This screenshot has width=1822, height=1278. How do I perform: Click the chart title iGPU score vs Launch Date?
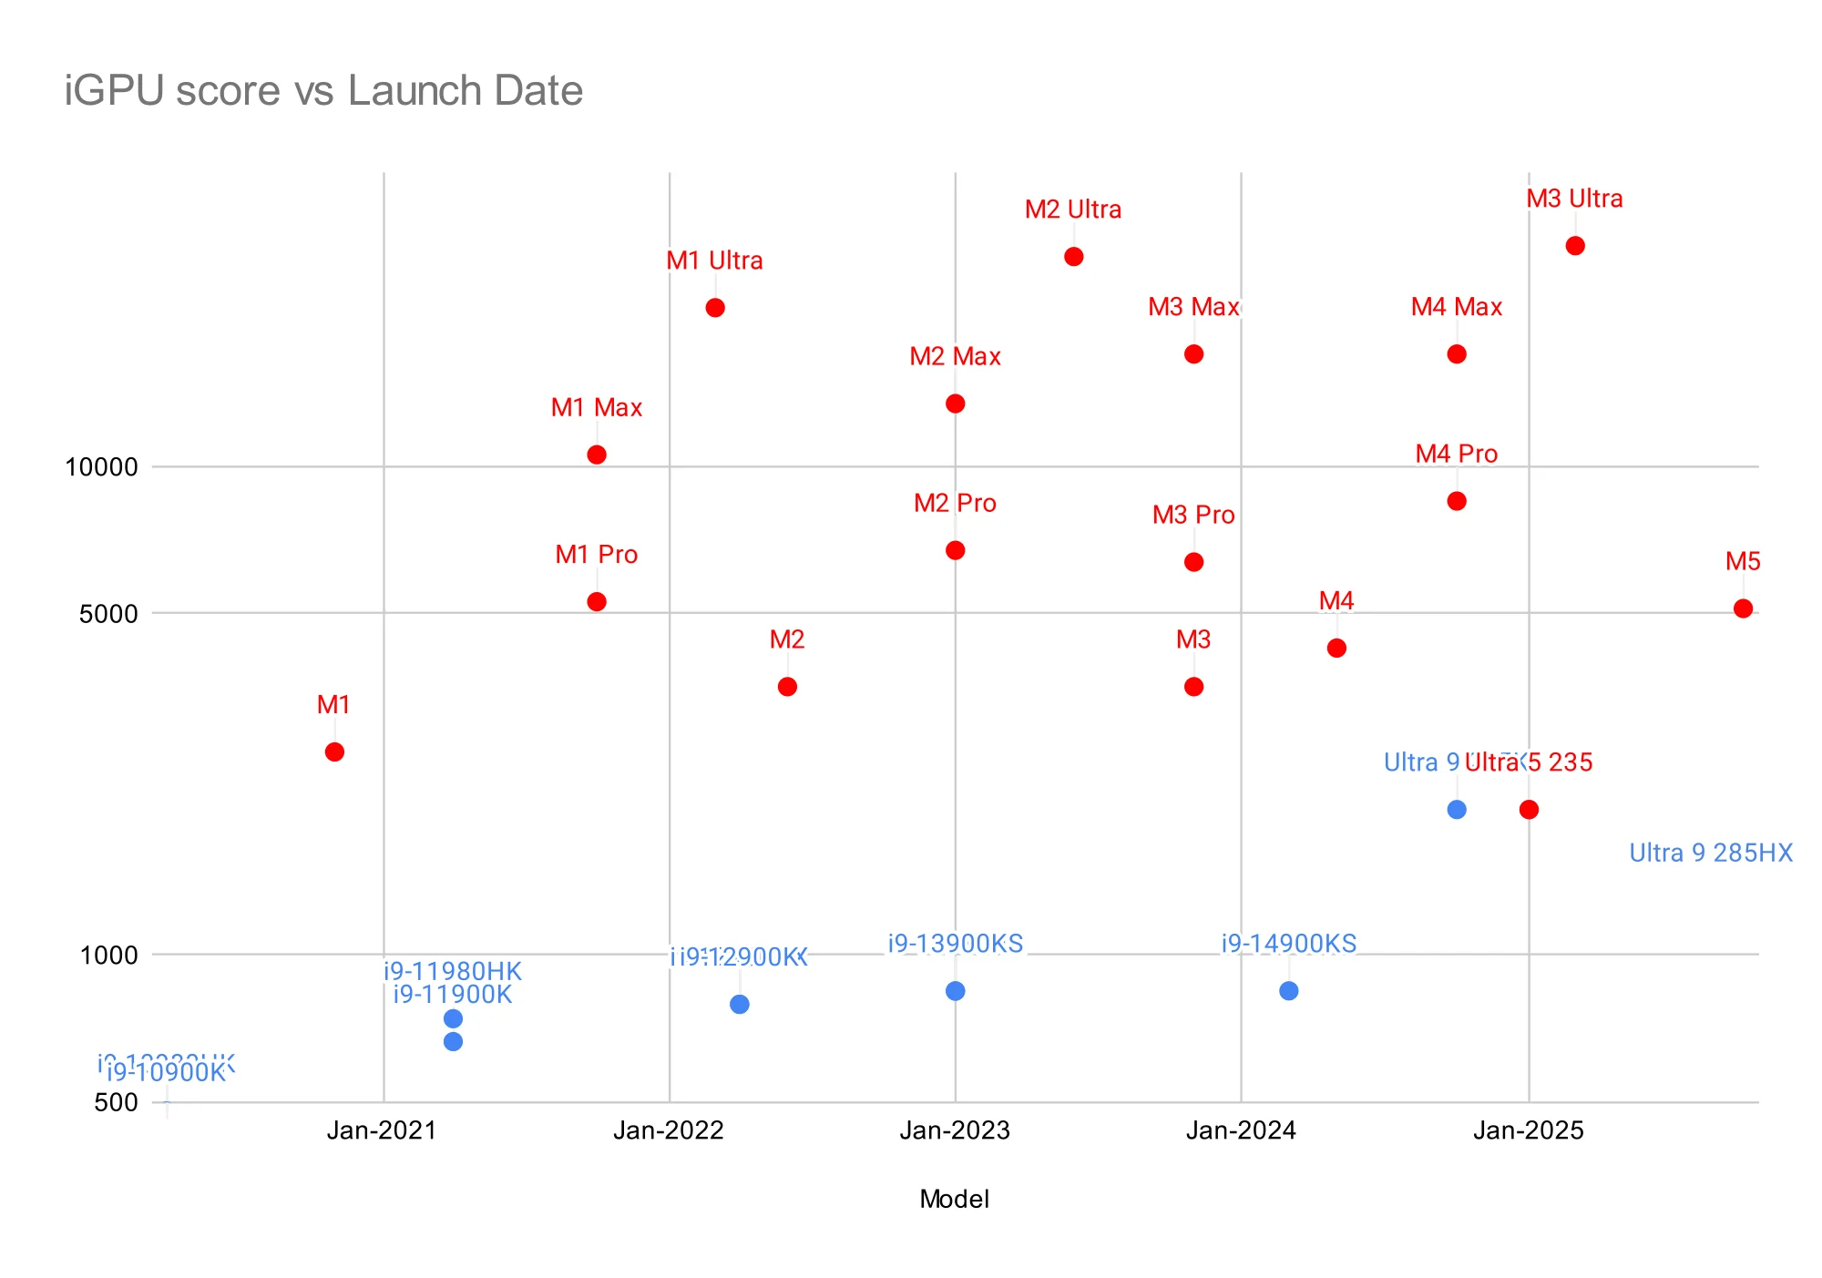(323, 91)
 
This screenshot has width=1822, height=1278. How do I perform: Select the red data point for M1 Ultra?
(715, 308)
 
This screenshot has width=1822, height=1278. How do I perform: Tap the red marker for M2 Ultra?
(1074, 257)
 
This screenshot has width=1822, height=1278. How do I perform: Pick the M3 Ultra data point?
(1575, 246)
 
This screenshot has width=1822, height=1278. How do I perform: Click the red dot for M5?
(1743, 608)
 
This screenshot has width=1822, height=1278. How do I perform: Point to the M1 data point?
(334, 751)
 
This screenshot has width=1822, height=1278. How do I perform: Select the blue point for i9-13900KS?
(956, 991)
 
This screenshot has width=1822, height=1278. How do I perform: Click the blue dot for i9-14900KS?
(1289, 991)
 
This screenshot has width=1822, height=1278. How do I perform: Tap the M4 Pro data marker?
(1457, 501)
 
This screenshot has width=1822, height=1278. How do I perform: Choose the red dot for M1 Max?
(597, 455)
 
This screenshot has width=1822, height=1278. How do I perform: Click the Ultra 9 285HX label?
(1710, 854)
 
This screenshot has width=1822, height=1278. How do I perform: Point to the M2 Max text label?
(955, 356)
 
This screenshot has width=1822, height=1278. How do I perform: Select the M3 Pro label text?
(1193, 516)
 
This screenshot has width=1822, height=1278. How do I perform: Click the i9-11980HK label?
(453, 971)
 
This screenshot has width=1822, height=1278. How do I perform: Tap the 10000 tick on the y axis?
(102, 467)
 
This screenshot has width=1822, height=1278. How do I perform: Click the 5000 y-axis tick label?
(109, 614)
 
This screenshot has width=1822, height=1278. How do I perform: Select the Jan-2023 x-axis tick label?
(955, 1130)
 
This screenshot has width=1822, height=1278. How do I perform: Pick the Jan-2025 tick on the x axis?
(1529, 1130)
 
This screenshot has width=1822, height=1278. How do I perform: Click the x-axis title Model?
(954, 1199)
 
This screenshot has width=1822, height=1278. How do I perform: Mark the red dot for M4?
(1336, 648)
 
